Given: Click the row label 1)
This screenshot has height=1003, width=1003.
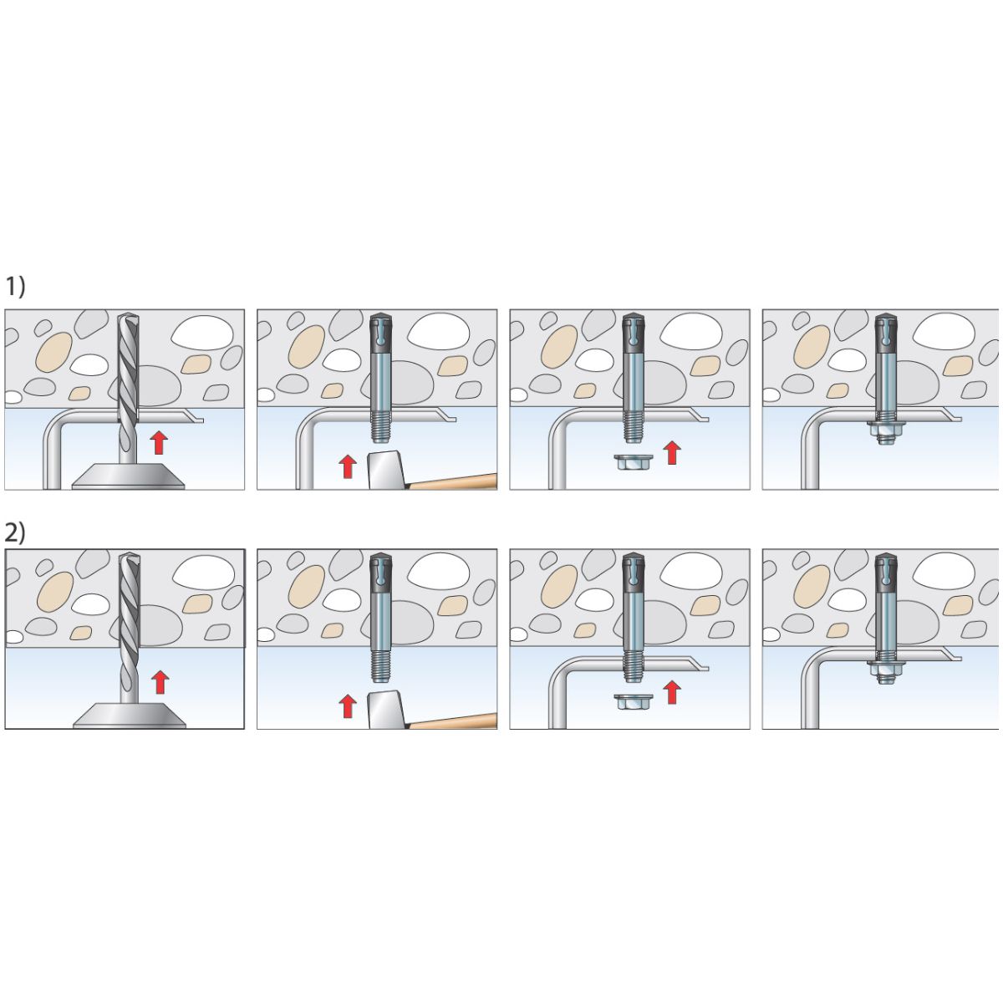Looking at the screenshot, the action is point(15,287).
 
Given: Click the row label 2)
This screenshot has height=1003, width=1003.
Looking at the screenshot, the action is point(15,533).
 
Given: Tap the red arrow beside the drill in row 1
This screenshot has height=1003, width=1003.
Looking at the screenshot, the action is point(159,442).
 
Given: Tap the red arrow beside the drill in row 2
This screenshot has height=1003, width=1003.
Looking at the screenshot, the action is point(160,682).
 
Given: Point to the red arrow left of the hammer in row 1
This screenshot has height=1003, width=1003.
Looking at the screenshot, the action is point(348,466).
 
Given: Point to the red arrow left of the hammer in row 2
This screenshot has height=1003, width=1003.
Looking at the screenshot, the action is point(348,707).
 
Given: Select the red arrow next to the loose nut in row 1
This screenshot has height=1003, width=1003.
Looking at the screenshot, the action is point(672,452).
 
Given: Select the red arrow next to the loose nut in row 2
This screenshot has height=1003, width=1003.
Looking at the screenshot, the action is point(672,693).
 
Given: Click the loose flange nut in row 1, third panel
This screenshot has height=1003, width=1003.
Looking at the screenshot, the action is point(631,462).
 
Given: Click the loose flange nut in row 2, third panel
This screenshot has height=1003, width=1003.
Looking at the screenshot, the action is point(631,702).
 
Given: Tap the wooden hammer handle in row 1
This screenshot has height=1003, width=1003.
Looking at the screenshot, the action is point(453,481).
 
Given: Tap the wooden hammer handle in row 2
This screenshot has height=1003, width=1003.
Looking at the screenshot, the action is point(453,720).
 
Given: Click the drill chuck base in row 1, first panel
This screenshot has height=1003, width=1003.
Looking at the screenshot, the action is point(128,476).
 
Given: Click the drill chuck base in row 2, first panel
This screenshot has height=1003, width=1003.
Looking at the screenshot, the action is point(129,715).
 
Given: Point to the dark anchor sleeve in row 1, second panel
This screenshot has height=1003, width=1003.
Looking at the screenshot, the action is point(380,333).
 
